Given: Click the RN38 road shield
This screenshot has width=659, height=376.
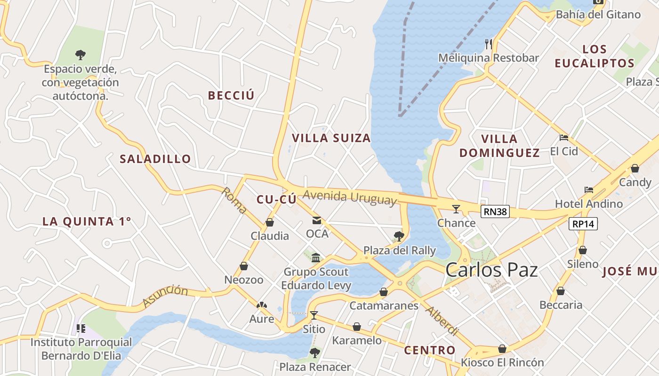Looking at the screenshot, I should click(495, 211).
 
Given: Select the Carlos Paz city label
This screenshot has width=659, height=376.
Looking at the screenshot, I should click(491, 270).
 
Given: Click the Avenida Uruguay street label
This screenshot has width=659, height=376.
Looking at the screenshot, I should click(349, 197).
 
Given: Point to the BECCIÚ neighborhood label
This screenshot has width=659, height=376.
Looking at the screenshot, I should click(231, 95).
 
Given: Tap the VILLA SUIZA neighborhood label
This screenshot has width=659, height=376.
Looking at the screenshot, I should click(331, 138).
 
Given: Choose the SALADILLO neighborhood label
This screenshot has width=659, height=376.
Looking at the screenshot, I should click(155, 159).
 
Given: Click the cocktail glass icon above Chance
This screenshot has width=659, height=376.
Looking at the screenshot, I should click(456, 209).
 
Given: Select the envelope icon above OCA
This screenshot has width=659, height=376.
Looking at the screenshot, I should click(317, 220).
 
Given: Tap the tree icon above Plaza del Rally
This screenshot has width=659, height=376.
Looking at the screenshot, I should click(399, 236).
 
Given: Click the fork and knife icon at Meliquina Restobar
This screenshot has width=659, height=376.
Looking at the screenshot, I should click(489, 44).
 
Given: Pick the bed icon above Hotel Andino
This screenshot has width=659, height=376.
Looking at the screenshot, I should click(588, 190).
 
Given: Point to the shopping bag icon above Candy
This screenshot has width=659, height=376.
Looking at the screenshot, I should click(635, 168).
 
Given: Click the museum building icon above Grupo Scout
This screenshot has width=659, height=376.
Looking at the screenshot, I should click(316, 258).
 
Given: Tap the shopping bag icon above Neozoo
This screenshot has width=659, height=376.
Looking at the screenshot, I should click(244, 266).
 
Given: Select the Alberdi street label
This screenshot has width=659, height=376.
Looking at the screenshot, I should click(441, 321).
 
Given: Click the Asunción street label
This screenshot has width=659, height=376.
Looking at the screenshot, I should click(165, 296).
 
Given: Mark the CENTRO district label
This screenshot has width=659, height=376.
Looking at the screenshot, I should click(430, 350).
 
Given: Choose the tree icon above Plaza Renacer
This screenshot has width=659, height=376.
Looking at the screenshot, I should click(315, 352).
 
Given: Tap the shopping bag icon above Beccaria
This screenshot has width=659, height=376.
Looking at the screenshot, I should click(561, 291).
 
